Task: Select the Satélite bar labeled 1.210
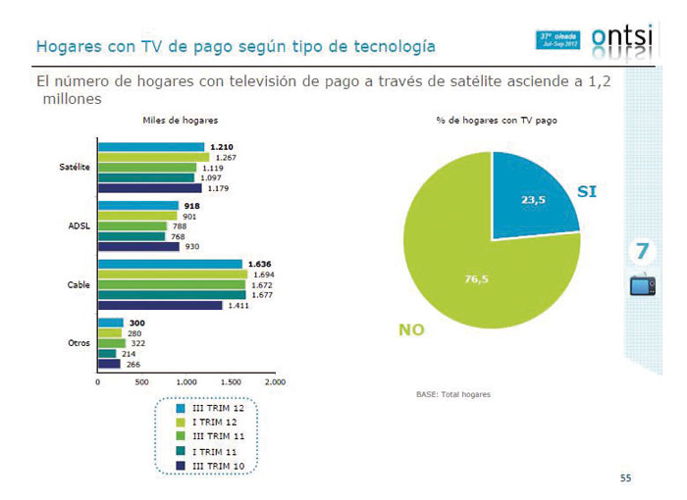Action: pos(151,147)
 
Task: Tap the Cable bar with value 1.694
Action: pos(172,275)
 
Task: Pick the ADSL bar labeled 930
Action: pos(138,246)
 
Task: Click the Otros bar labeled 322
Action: pos(111,343)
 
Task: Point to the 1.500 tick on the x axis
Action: pos(231,381)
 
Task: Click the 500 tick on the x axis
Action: pos(141,381)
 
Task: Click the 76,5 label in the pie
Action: pos(476,279)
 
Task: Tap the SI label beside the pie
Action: pos(586,193)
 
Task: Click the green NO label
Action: pos(411,330)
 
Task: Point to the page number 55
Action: pos(626,478)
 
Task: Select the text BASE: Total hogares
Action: pos(453,394)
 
